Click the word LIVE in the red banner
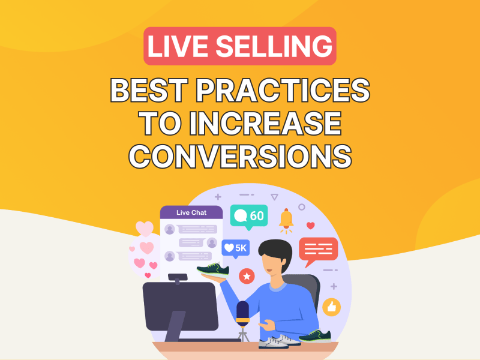pos(179,46)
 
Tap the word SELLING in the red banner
pos(274,46)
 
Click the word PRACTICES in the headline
pos(283,90)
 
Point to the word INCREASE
pos(265,124)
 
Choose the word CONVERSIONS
pos(240,156)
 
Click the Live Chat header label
pos(191,212)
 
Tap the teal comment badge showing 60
pos(249,217)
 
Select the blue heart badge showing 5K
pos(235,248)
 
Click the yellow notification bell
pos(286,220)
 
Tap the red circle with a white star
pos(247,276)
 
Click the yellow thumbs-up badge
pos(332,307)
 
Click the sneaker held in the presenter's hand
pos(214,269)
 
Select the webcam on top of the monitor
pos(178,278)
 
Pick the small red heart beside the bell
pos(311,226)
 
